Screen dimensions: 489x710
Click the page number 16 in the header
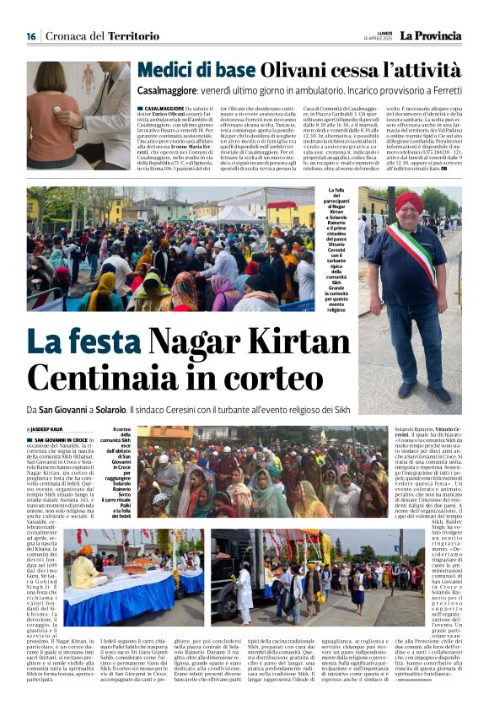[30, 35]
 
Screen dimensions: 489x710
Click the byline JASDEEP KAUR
[47, 430]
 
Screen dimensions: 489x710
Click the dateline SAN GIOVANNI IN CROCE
[61, 439]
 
